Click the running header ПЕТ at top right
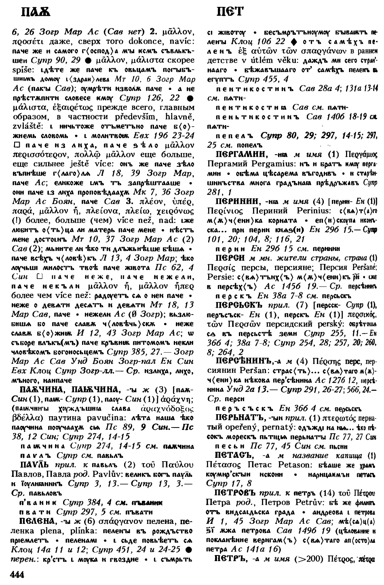tap(230, 12)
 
